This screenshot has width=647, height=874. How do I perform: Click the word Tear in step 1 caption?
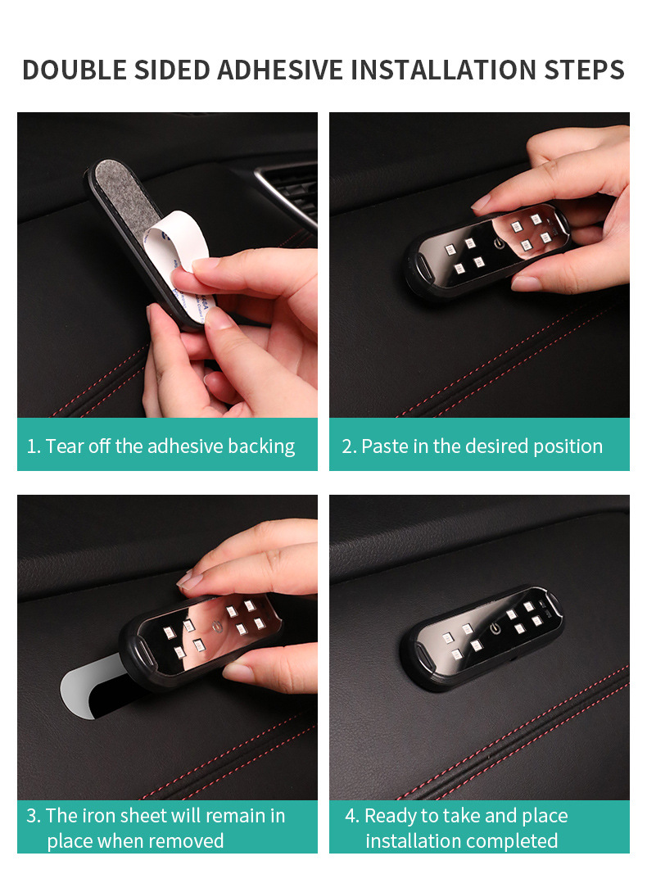(62, 446)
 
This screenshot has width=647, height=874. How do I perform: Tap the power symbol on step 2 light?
(498, 243)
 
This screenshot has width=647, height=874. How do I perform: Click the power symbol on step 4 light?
(494, 629)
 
